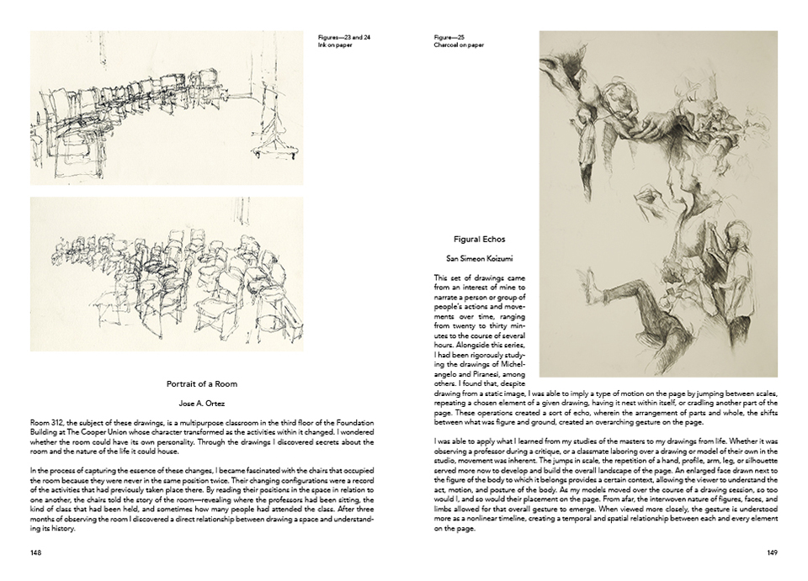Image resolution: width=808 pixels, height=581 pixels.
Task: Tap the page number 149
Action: pyautogui.click(x=771, y=552)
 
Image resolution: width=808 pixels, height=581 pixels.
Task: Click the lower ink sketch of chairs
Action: pyautogui.click(x=167, y=273)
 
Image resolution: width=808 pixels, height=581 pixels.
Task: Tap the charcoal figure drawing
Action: pyautogui.click(x=657, y=203)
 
